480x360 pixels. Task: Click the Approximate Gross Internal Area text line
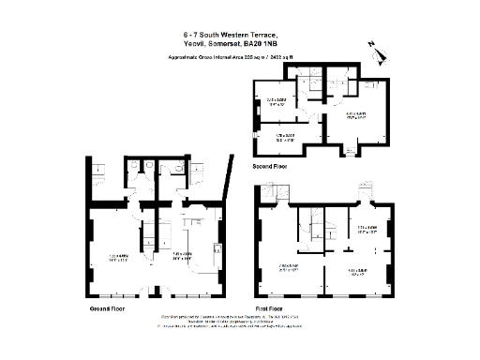click(x=239, y=56)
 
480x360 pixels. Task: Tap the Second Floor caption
click(x=271, y=166)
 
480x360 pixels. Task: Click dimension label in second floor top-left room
click(x=276, y=100)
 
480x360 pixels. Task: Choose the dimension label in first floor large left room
click(x=288, y=265)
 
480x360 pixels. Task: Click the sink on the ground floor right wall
click(x=217, y=250)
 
